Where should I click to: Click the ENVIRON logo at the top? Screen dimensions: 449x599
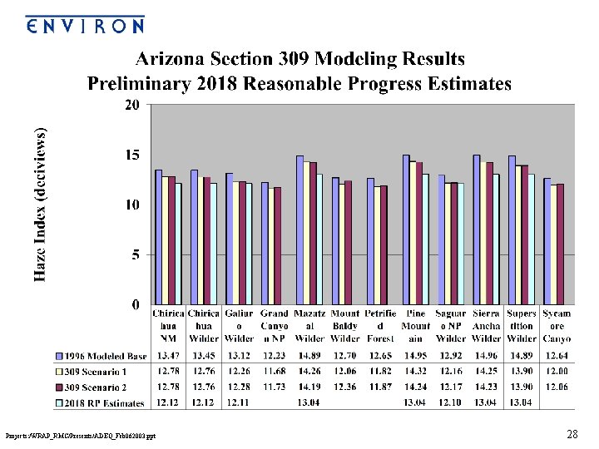(x=84, y=24)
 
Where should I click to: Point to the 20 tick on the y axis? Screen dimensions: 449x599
(x=131, y=105)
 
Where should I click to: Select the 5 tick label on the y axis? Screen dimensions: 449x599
(x=135, y=255)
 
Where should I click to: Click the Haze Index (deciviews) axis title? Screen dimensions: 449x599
(x=41, y=205)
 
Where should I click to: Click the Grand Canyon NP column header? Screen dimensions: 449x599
(x=274, y=326)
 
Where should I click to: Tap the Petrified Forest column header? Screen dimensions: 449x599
(x=380, y=326)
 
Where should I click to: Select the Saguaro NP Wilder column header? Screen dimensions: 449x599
(x=451, y=326)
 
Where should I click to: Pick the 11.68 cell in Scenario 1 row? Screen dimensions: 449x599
(x=274, y=373)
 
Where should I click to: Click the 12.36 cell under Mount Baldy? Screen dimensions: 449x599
(x=345, y=387)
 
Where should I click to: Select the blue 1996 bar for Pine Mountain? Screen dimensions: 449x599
(x=406, y=229)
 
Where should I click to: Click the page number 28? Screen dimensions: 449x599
(x=572, y=434)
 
